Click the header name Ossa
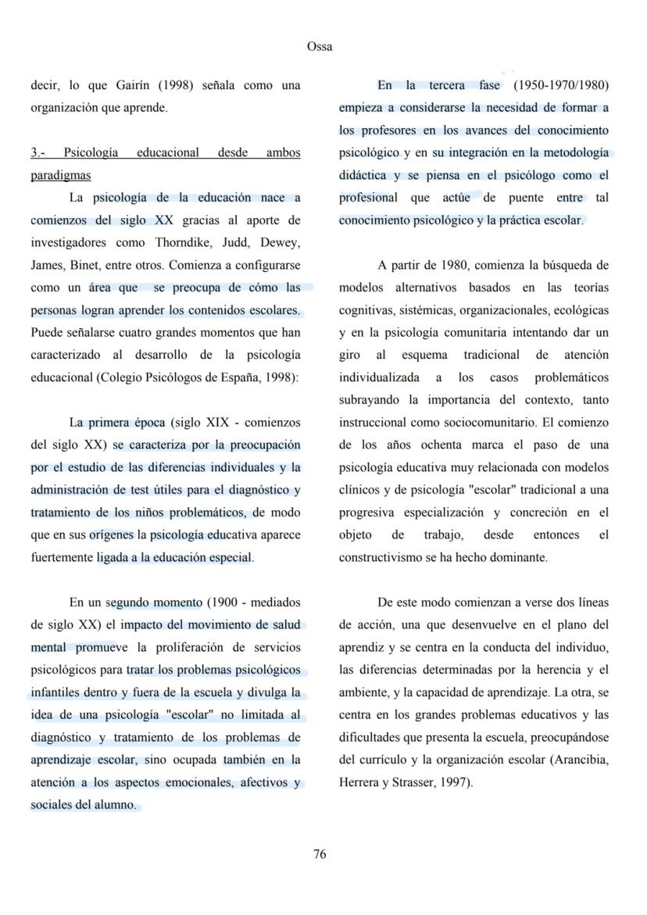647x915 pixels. (x=320, y=47)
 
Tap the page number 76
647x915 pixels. (x=320, y=854)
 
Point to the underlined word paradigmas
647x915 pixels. (x=60, y=175)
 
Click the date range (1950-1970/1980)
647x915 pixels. (x=561, y=85)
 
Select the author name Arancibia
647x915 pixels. (x=578, y=760)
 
